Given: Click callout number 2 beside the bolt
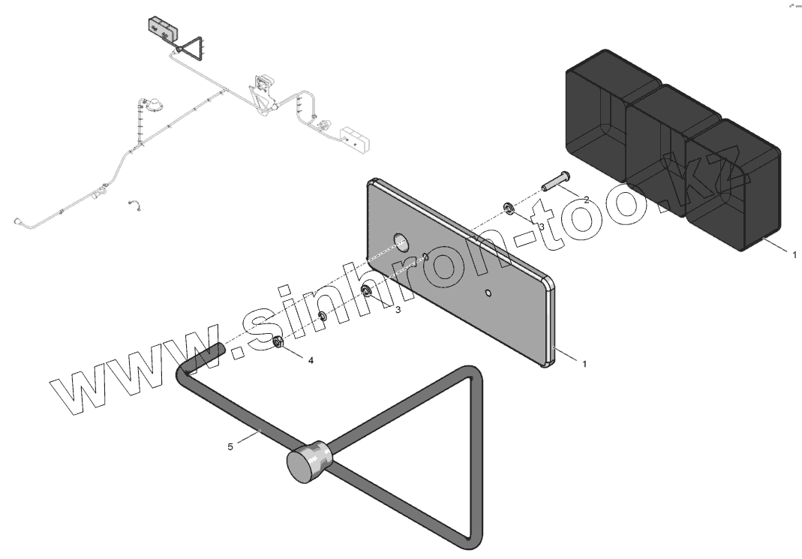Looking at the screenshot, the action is (587, 199).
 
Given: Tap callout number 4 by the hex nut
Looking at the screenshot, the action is (311, 360).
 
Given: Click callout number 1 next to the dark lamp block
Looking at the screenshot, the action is (794, 255).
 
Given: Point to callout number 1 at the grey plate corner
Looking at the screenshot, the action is (584, 363).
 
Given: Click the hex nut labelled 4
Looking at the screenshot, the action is (277, 343).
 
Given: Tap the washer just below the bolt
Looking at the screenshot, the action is (508, 206).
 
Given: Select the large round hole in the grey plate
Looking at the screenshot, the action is (402, 242).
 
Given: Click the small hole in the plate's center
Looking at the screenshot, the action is (488, 291).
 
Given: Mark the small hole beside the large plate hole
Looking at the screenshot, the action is (426, 257).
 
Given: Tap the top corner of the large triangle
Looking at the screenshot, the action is (468, 372).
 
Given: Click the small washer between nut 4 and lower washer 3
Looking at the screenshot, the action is (323, 316).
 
